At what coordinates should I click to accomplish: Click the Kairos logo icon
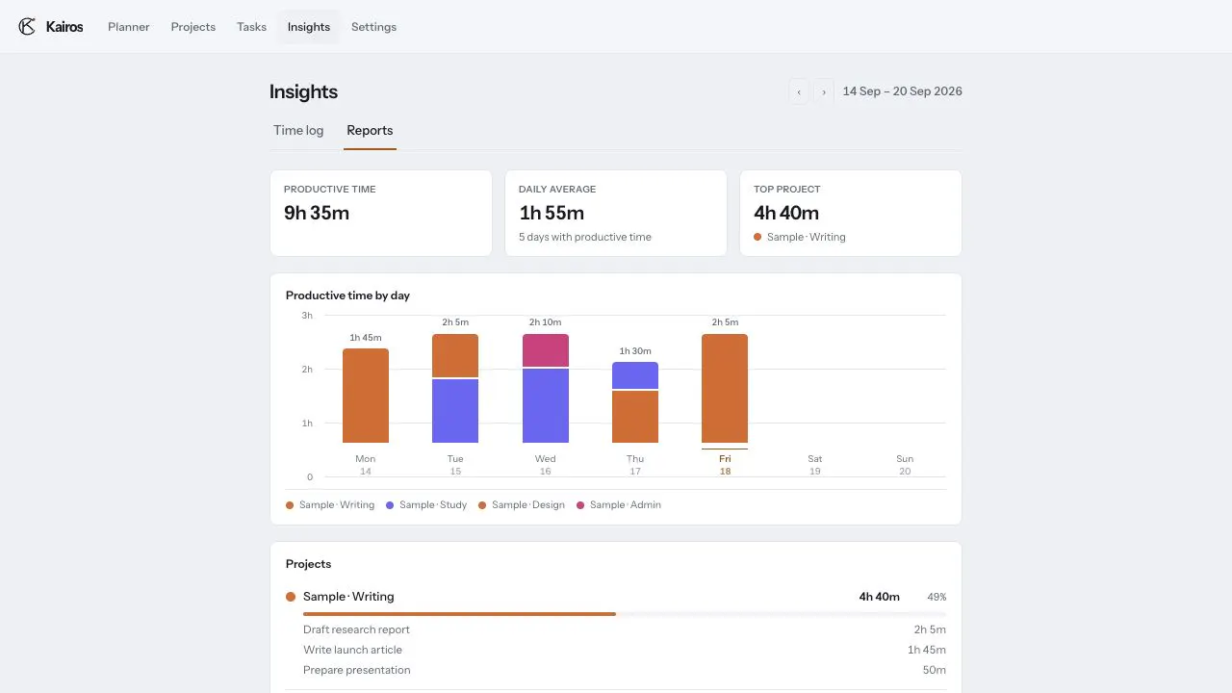click(27, 26)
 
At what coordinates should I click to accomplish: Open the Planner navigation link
click(129, 27)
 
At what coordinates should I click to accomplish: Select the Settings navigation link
click(374, 27)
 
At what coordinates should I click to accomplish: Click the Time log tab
click(298, 130)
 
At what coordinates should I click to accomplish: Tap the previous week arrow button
click(799, 91)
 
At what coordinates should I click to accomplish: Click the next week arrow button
click(824, 91)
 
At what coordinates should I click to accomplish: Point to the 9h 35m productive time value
click(317, 213)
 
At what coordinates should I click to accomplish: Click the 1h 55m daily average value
click(552, 213)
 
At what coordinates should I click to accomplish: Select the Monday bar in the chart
click(366, 396)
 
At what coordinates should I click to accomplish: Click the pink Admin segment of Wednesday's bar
click(546, 349)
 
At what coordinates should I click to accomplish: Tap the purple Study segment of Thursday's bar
click(635, 375)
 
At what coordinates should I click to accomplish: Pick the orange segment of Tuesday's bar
click(455, 355)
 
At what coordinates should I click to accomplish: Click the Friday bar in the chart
click(725, 388)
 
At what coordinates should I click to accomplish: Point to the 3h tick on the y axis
click(307, 315)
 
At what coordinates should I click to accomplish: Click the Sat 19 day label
click(815, 465)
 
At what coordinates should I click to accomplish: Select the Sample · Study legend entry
click(426, 505)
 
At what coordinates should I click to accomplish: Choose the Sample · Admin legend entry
click(619, 505)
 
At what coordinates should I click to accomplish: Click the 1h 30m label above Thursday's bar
click(635, 351)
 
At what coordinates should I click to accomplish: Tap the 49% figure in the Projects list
click(937, 597)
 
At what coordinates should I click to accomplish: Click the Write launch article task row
click(625, 650)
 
